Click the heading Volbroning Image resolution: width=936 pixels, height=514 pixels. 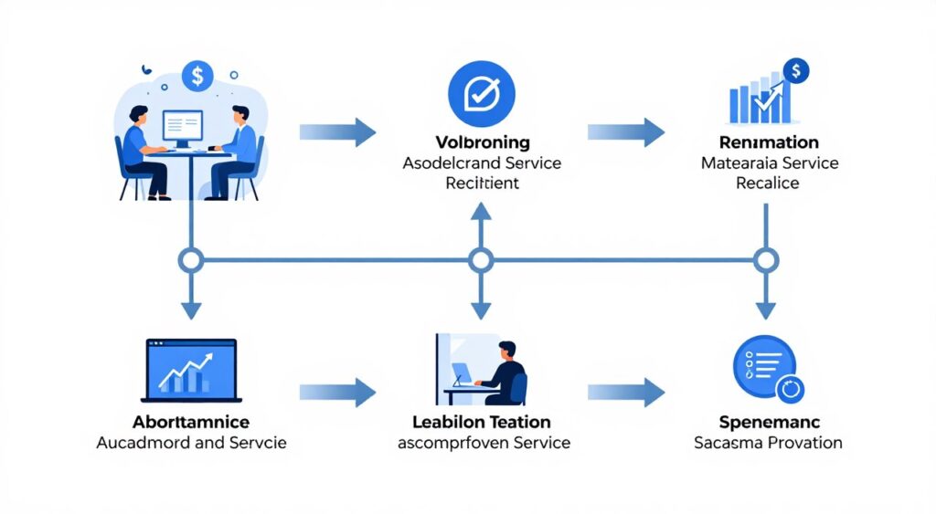pos(481,142)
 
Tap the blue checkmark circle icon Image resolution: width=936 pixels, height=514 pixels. pos(482,93)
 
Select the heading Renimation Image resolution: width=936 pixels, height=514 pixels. pos(769,142)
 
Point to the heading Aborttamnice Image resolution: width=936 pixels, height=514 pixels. pos(191,423)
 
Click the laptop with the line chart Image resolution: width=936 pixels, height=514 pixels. pos(191,370)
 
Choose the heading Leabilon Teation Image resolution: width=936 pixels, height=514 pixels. pos(481,423)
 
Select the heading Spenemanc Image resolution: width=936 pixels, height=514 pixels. pos(768,423)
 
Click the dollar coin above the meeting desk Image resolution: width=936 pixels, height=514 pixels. pos(197,76)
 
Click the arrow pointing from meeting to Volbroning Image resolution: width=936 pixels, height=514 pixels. pos(337,132)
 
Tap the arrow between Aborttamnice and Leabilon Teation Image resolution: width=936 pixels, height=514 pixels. pos(337,393)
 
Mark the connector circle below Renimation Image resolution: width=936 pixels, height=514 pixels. pos(766,260)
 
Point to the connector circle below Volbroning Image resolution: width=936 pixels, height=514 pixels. pos(481,260)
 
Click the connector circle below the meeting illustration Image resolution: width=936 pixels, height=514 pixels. pos(191,260)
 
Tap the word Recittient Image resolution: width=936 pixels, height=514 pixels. pos(482,183)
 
